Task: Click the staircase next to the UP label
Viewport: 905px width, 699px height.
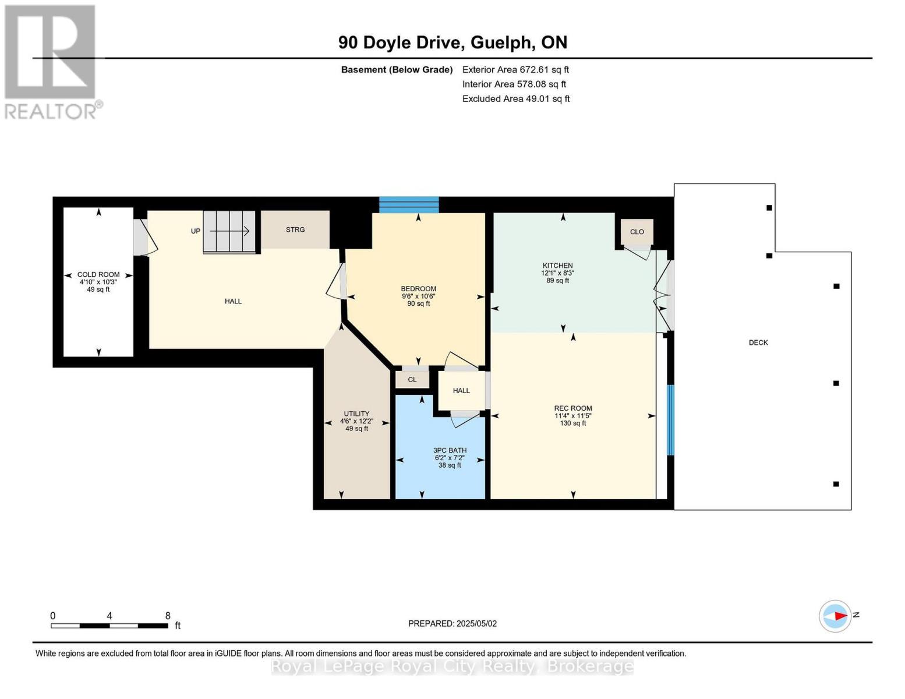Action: [x=229, y=231]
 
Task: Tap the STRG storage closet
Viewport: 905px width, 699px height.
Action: [x=295, y=230]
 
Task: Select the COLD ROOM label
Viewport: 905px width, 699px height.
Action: [x=98, y=274]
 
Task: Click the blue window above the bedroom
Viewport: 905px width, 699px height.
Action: [x=409, y=205]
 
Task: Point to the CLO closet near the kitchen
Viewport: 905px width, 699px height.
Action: [x=637, y=232]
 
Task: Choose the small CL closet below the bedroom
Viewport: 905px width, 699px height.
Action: [x=412, y=379]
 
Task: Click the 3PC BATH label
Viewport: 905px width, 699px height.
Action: [x=450, y=450]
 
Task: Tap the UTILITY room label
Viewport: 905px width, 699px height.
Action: [x=356, y=414]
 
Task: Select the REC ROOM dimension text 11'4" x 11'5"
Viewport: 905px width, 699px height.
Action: [x=573, y=416]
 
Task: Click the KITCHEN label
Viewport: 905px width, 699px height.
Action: [x=558, y=266]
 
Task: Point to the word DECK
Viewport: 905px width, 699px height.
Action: [x=758, y=343]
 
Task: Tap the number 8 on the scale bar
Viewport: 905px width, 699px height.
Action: [x=168, y=616]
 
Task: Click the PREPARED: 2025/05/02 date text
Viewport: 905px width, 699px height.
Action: [x=452, y=624]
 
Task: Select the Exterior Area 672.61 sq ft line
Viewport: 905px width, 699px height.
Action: [x=515, y=69]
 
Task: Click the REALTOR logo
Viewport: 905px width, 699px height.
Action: [x=52, y=62]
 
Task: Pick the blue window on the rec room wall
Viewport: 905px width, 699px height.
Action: [x=670, y=420]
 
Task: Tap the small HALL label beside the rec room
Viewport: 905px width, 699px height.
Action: [x=461, y=390]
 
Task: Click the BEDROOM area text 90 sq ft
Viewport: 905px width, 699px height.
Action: [x=419, y=303]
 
